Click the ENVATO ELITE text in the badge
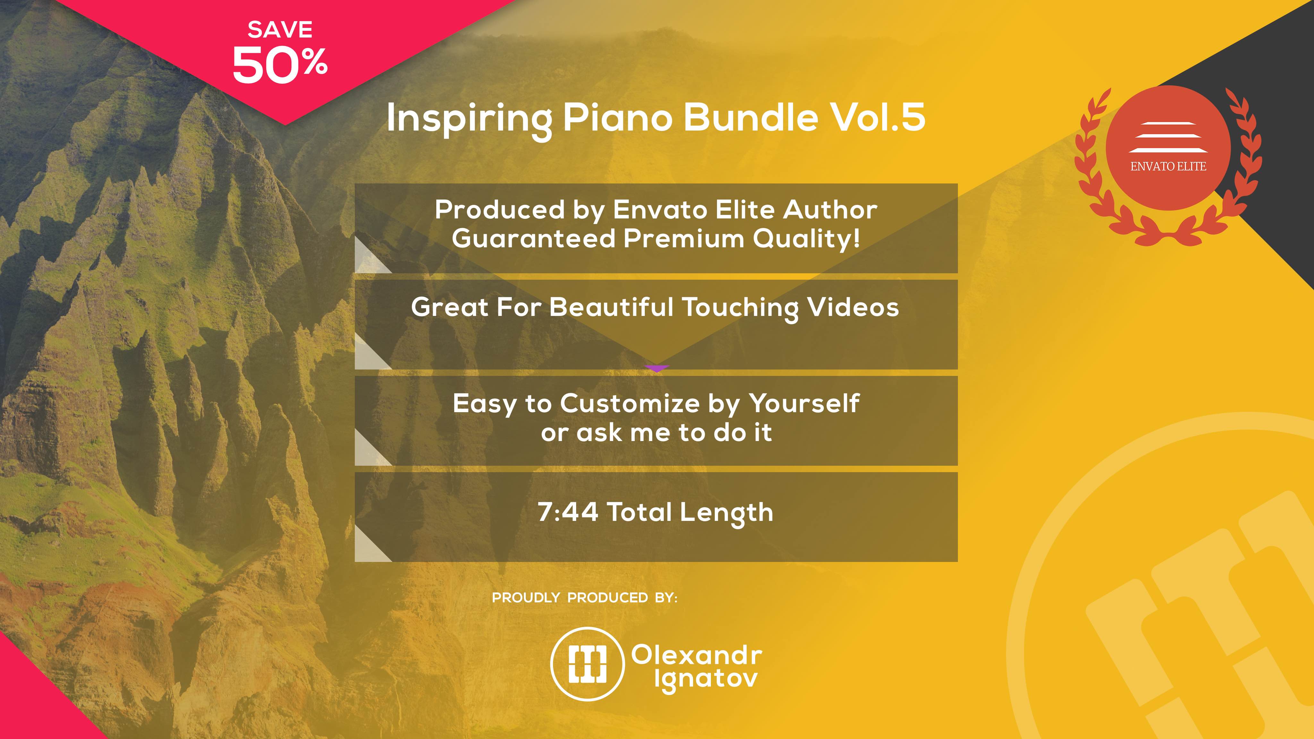pyautogui.click(x=1168, y=166)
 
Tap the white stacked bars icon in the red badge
pyautogui.click(x=1168, y=137)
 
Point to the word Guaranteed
pyautogui.click(x=533, y=239)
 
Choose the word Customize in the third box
pyautogui.click(x=630, y=403)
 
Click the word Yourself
pyautogui.click(x=804, y=403)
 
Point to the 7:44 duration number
pyautogui.click(x=568, y=512)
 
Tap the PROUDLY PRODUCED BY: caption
pyautogui.click(x=584, y=598)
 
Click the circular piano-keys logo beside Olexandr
pyautogui.click(x=587, y=664)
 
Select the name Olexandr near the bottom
pyautogui.click(x=697, y=655)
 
